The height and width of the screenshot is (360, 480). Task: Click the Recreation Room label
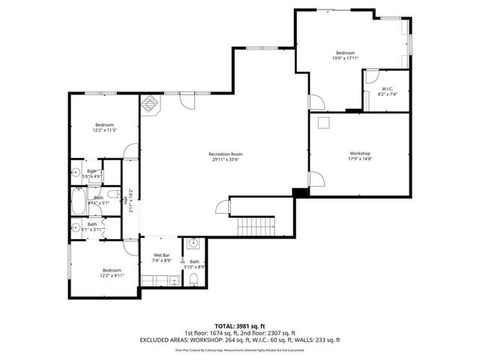[x=226, y=154]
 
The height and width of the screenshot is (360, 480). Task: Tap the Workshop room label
[x=360, y=154]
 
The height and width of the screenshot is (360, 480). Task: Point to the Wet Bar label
[x=162, y=256]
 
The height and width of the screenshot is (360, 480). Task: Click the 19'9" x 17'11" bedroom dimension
[x=345, y=58]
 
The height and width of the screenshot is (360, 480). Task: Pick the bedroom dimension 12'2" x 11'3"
[x=104, y=130]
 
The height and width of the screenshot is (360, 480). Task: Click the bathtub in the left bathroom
[x=79, y=201]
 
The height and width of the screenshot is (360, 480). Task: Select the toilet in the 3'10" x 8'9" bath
[x=193, y=280]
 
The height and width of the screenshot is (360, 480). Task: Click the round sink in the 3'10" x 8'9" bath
[x=193, y=243]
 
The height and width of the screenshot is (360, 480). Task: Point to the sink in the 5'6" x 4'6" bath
[x=75, y=172]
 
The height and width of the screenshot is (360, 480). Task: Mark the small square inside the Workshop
[x=324, y=123]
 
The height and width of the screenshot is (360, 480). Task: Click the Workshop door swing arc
[x=317, y=180]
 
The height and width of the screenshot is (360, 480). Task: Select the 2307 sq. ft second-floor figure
[x=282, y=333]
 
